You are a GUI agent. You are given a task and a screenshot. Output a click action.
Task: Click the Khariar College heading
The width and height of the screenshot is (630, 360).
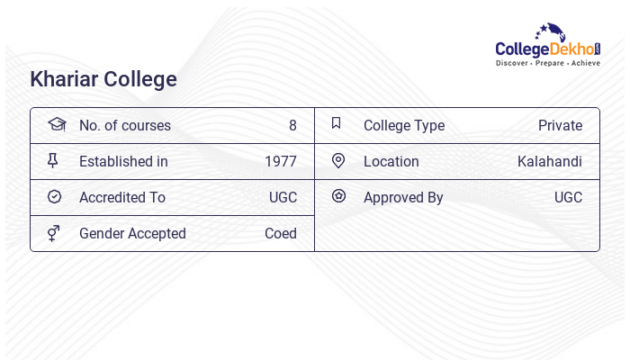103,79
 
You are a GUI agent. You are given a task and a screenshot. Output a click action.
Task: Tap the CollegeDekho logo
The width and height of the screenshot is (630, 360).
548,47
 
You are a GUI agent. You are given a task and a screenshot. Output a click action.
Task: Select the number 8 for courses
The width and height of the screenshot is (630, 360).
292,126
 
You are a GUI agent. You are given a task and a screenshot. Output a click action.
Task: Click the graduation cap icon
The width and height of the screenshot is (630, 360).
57,124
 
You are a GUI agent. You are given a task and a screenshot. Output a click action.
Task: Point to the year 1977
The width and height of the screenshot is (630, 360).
281,162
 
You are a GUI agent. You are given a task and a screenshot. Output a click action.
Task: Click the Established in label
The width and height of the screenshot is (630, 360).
123,162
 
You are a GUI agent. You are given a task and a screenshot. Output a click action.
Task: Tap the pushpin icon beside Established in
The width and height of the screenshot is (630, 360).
53,160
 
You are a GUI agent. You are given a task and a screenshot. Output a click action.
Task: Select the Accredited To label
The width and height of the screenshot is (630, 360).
122,198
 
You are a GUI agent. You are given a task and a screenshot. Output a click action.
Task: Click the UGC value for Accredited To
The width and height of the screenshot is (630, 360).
283,198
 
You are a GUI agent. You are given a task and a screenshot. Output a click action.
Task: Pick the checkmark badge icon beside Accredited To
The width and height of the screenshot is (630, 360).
54,196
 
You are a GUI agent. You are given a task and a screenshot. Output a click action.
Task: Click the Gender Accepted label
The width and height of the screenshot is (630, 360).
132,234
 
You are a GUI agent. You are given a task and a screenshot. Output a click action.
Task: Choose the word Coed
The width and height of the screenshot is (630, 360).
281,234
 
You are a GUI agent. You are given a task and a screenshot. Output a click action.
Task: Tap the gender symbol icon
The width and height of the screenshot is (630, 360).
53,233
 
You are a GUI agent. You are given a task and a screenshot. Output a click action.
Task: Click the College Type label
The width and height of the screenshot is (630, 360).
404,126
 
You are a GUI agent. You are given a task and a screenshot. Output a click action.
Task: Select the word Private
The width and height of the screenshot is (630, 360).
560,126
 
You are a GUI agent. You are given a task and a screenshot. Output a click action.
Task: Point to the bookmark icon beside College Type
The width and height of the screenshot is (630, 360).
337,123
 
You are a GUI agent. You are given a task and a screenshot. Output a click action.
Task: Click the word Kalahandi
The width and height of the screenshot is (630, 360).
550,162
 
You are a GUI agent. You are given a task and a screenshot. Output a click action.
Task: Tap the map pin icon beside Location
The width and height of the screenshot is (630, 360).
338,160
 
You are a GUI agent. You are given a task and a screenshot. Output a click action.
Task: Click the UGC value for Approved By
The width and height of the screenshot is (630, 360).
568,198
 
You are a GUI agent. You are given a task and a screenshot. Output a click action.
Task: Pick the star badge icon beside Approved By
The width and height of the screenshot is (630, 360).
338,195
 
